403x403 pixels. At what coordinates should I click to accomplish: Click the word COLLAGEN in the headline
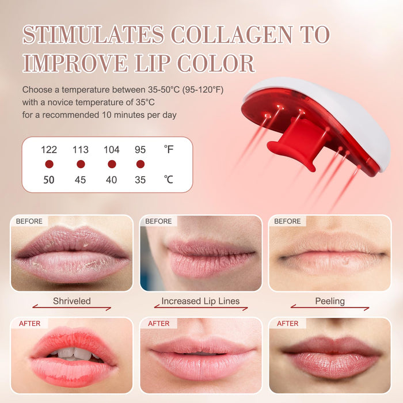(x=231, y=35)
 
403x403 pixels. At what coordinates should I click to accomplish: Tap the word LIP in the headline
(x=153, y=63)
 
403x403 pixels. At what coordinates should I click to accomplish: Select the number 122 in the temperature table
(x=49, y=150)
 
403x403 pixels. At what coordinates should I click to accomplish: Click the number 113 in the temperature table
(x=81, y=150)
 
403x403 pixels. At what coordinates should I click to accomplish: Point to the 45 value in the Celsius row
(x=80, y=180)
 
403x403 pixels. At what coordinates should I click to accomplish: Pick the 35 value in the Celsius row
(x=140, y=180)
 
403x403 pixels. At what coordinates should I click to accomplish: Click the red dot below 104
(x=112, y=164)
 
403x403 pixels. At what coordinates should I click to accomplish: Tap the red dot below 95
(x=140, y=164)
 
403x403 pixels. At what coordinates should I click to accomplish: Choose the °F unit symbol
(x=169, y=149)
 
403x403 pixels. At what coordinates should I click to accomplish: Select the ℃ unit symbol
(x=168, y=180)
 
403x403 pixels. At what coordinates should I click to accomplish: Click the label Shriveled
(x=72, y=301)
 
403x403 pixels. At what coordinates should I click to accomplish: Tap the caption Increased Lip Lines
(x=200, y=301)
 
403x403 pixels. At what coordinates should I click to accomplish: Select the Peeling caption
(x=330, y=301)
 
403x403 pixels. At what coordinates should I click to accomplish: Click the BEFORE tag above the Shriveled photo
(x=29, y=221)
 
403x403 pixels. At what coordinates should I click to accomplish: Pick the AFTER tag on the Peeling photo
(x=288, y=324)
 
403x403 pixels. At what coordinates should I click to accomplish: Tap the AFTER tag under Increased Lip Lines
(x=158, y=324)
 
